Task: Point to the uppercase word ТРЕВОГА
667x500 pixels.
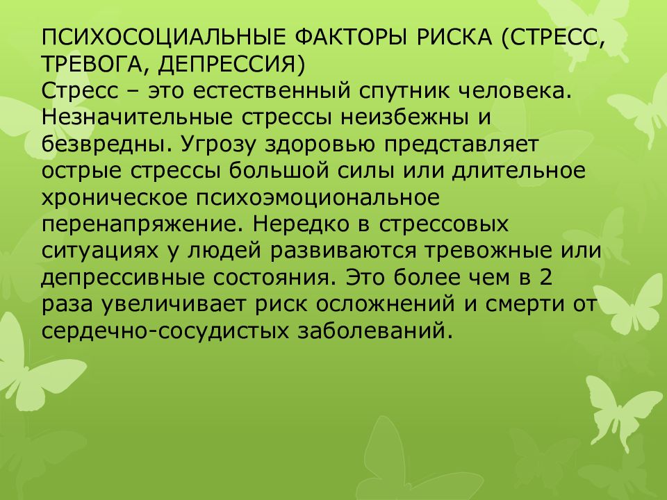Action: [x=93, y=63]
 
